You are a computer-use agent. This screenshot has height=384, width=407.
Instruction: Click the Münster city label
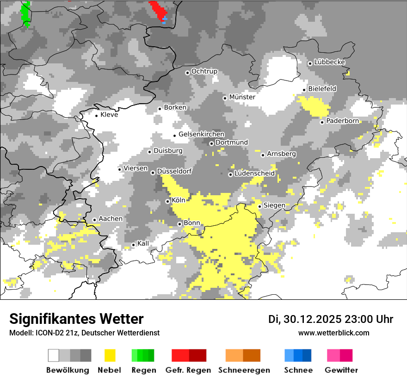point(242,98)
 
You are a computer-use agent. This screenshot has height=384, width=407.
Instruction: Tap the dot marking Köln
point(168,201)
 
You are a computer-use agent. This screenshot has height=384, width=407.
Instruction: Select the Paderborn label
point(342,121)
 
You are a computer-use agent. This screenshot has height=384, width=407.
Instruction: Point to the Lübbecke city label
point(329,62)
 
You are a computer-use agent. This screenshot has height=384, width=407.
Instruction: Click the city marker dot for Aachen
point(94,220)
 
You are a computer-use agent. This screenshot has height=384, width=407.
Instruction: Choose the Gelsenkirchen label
point(201,134)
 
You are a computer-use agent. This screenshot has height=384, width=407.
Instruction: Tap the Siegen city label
point(274,205)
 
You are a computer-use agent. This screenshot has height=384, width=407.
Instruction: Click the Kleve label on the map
point(109,115)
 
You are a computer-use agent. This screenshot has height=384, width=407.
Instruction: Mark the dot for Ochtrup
point(187,73)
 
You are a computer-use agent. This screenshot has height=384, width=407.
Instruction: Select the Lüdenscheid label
point(254,173)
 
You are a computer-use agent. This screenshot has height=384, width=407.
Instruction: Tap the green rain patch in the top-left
point(26,13)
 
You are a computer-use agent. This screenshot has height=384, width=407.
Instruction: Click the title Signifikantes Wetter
point(76,319)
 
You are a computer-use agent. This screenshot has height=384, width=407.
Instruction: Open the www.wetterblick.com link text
point(333,333)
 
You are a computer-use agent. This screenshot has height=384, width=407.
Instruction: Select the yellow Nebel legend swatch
point(110,355)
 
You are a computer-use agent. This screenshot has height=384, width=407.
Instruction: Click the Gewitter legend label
point(341,370)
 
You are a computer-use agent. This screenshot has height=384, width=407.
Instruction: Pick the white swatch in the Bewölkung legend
point(54,355)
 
